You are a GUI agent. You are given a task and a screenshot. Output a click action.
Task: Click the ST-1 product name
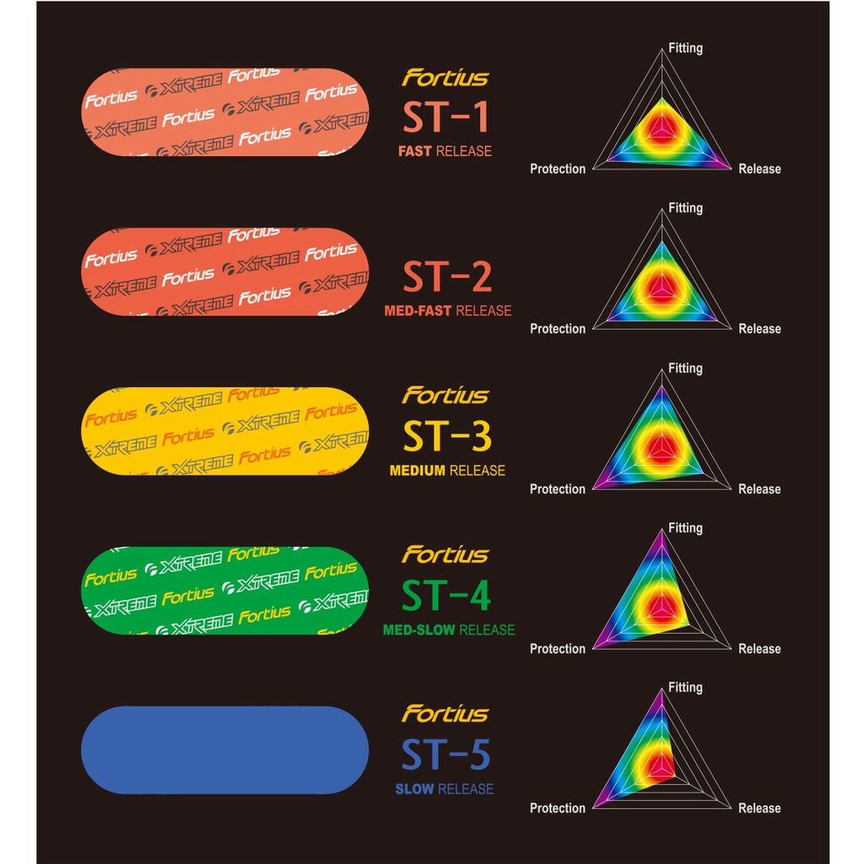point(445,116)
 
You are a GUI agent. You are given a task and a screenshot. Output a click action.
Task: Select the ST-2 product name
point(447,277)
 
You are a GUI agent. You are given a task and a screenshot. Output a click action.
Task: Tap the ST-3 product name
point(447,436)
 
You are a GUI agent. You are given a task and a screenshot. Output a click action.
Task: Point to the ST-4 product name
point(445,596)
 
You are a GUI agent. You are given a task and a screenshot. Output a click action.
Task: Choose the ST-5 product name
point(445,754)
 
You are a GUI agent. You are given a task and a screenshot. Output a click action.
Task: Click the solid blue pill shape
point(224,750)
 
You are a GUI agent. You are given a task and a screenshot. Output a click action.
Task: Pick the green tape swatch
point(224,591)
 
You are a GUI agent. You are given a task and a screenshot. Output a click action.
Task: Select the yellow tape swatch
point(224,431)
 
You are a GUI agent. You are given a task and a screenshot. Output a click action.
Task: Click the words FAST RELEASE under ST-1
point(445,151)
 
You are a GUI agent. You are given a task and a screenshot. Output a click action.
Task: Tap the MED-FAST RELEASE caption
point(448,310)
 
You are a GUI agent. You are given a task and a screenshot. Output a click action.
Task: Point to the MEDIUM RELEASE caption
point(447,471)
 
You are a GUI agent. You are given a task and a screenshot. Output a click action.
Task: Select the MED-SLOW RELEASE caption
point(449,629)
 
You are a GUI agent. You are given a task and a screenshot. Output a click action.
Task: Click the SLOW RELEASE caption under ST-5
point(444,789)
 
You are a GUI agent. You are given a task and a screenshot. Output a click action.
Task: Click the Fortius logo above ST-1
point(445,78)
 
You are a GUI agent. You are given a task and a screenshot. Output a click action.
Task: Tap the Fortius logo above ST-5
point(445,714)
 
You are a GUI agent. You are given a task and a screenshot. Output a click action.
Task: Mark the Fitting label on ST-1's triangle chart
point(685,48)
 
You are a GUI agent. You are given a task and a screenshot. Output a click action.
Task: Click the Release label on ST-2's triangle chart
point(759,329)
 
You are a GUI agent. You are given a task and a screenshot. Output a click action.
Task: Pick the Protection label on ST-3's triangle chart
point(558,489)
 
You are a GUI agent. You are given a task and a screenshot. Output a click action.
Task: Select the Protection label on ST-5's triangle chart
point(558,807)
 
